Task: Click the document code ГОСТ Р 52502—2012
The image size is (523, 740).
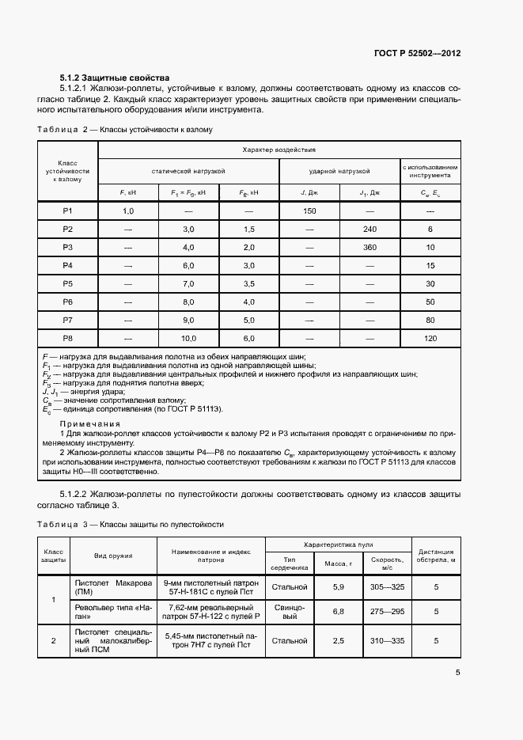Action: coord(417,53)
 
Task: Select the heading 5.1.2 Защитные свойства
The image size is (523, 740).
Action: coord(114,78)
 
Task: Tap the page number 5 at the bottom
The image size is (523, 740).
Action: coord(458,674)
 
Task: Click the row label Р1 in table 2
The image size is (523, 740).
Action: coord(68,211)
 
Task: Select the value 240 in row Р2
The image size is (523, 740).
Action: coord(370,230)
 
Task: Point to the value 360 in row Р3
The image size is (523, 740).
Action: coord(370,248)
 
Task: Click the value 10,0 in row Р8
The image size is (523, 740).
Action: coord(188,339)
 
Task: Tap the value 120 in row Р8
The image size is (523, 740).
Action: coord(430,339)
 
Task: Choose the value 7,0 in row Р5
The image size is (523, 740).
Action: coord(188,284)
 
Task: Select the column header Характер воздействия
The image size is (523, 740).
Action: coord(279,150)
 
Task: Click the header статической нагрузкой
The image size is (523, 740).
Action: coord(188,171)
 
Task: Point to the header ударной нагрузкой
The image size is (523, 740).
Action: coord(339,171)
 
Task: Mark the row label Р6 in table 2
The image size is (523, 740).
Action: coord(68,302)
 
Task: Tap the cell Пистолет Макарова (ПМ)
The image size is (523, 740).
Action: coord(113,586)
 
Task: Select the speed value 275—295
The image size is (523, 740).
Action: coord(387,612)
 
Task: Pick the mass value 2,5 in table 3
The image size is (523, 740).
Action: coord(339,640)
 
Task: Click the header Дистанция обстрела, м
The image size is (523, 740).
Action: coord(436,556)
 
